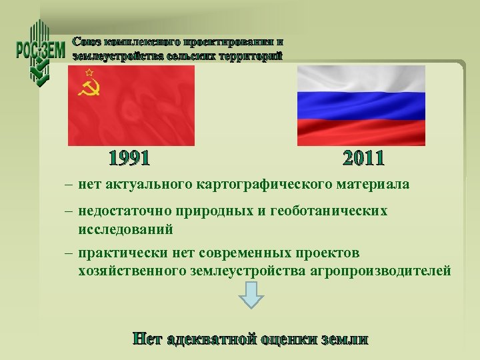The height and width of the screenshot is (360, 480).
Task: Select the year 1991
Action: tap(129, 159)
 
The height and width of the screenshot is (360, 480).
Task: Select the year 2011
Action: tap(363, 159)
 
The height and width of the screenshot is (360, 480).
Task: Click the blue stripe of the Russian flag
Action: tap(361, 105)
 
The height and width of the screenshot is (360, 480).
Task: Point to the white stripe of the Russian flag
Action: tap(361, 79)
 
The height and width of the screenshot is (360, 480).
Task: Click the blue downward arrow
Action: tap(251, 295)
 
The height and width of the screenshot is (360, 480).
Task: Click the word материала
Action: tap(377, 183)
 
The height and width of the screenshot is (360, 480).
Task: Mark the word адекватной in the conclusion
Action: tap(213, 339)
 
